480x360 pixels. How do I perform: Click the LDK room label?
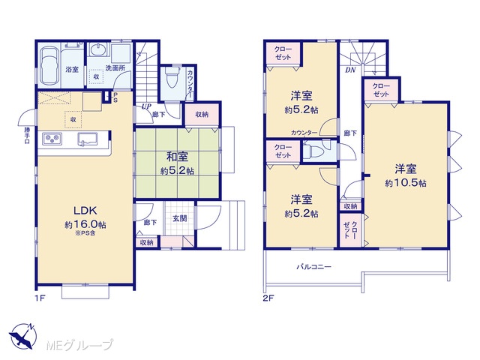pos(85,210)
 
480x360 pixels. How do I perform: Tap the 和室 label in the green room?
pos(177,157)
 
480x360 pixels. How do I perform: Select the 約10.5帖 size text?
pos(406,183)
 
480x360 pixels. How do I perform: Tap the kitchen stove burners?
pos(52,139)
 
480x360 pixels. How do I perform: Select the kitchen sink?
pos(88,139)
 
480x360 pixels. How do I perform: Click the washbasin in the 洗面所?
pos(98,50)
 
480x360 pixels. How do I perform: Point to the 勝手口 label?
pos(27,135)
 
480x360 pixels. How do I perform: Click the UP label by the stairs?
pos(146,106)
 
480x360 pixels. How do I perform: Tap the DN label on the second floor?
pos(350,70)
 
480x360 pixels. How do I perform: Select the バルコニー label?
pos(313,267)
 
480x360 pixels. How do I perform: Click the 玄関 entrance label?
pos(179,218)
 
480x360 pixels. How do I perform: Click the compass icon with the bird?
pos(23,336)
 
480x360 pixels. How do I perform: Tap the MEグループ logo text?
pos(80,345)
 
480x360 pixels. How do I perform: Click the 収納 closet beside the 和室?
pos(202,115)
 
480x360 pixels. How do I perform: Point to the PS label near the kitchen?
pos(115,97)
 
